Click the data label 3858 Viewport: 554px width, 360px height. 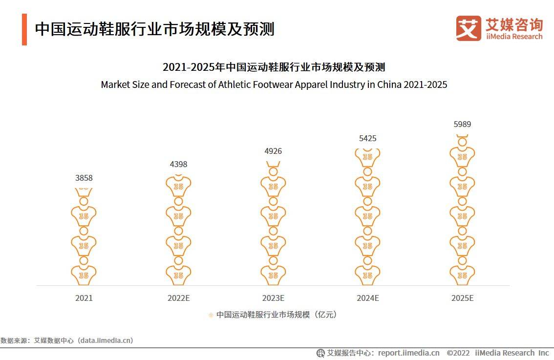click(84, 178)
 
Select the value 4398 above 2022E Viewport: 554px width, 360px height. click(178, 165)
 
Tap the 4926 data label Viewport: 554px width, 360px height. click(273, 151)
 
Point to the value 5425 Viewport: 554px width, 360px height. click(367, 139)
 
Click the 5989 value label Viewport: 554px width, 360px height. click(462, 125)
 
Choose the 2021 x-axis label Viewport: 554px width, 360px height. click(84, 298)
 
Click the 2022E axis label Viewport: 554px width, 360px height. click(178, 298)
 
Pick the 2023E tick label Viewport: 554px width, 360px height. click(273, 298)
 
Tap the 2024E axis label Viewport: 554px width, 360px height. click(367, 298)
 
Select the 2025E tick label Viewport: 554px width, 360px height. click(462, 298)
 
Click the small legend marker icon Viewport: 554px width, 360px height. click(211, 315)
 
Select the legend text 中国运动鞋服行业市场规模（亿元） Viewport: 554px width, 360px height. click(277, 315)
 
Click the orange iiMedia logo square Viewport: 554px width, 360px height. click(469, 28)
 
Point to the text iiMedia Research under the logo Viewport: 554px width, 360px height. click(514, 37)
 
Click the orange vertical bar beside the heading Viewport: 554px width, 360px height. click(24, 29)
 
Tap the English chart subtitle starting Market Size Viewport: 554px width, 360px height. click(274, 85)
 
